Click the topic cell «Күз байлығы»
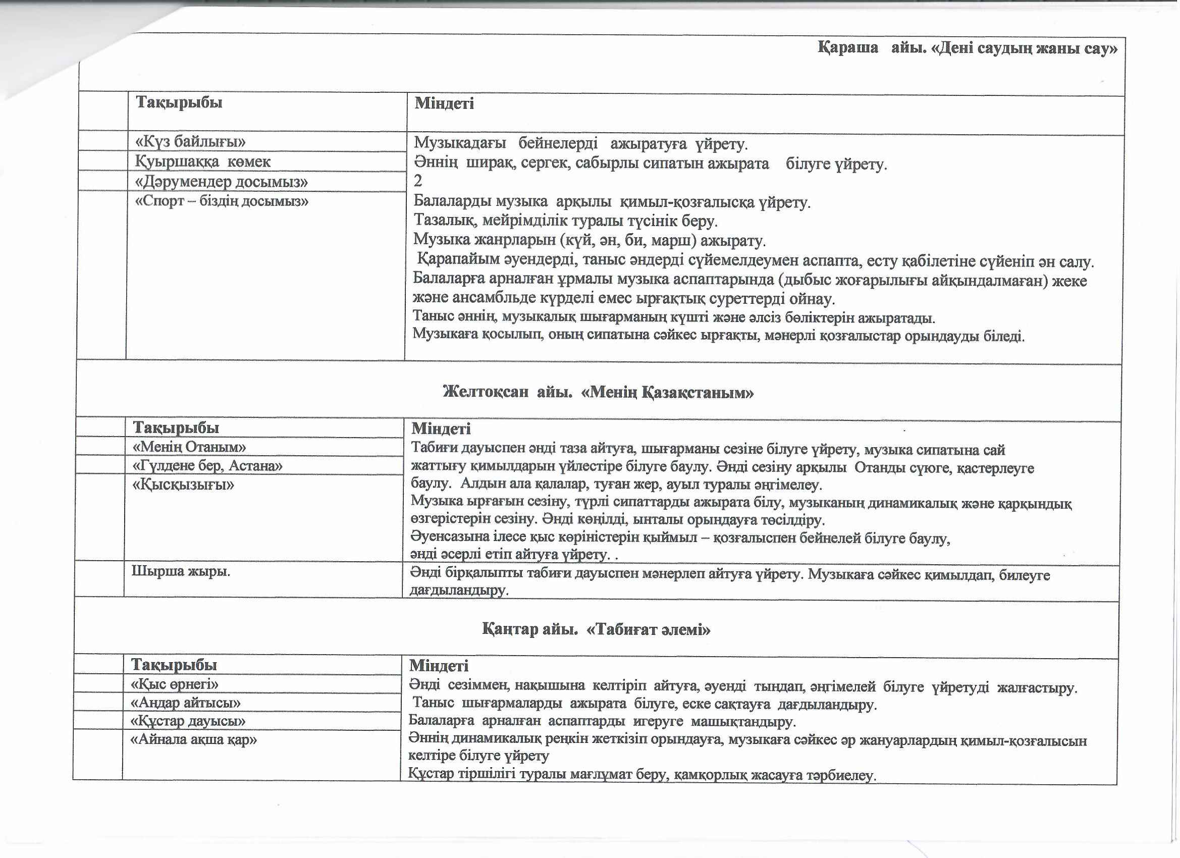(x=190, y=142)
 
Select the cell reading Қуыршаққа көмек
(x=203, y=162)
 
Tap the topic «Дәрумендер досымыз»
(x=222, y=182)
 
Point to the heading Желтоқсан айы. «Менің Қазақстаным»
(x=598, y=393)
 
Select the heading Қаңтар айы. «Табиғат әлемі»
(x=596, y=630)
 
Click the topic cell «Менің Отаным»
(x=189, y=447)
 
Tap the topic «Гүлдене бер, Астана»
(x=207, y=466)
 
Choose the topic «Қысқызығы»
(x=183, y=485)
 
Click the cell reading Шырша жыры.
(x=181, y=572)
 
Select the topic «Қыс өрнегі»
(x=174, y=684)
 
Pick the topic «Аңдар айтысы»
(x=186, y=703)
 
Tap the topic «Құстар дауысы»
(x=188, y=722)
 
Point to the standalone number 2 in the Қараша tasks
(x=418, y=181)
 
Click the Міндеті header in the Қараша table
(x=444, y=103)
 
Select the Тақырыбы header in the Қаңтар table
(x=174, y=665)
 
